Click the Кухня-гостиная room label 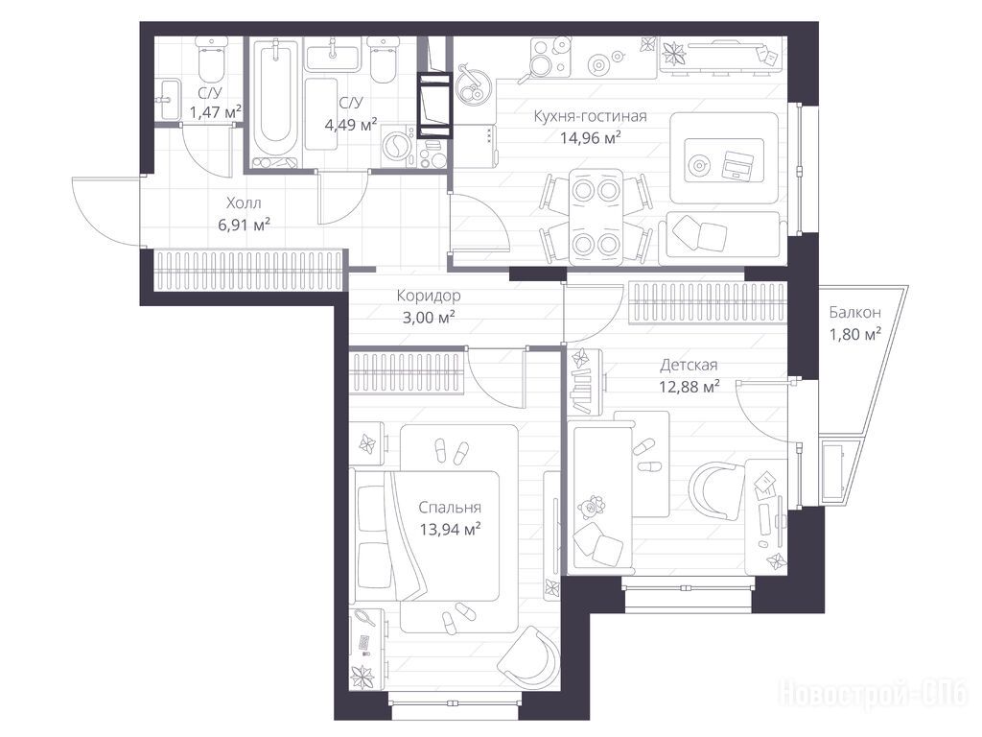tap(590, 116)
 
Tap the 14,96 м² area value tap(590, 137)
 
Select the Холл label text tap(244, 203)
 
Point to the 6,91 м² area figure tap(244, 225)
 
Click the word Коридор tap(429, 296)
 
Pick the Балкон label tap(854, 312)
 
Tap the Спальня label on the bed tap(450, 508)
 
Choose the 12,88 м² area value tap(689, 386)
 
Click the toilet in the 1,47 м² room tap(210, 60)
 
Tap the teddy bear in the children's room tap(591, 507)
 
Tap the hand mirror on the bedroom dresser tap(365, 618)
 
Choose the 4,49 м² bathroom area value tap(351, 125)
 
